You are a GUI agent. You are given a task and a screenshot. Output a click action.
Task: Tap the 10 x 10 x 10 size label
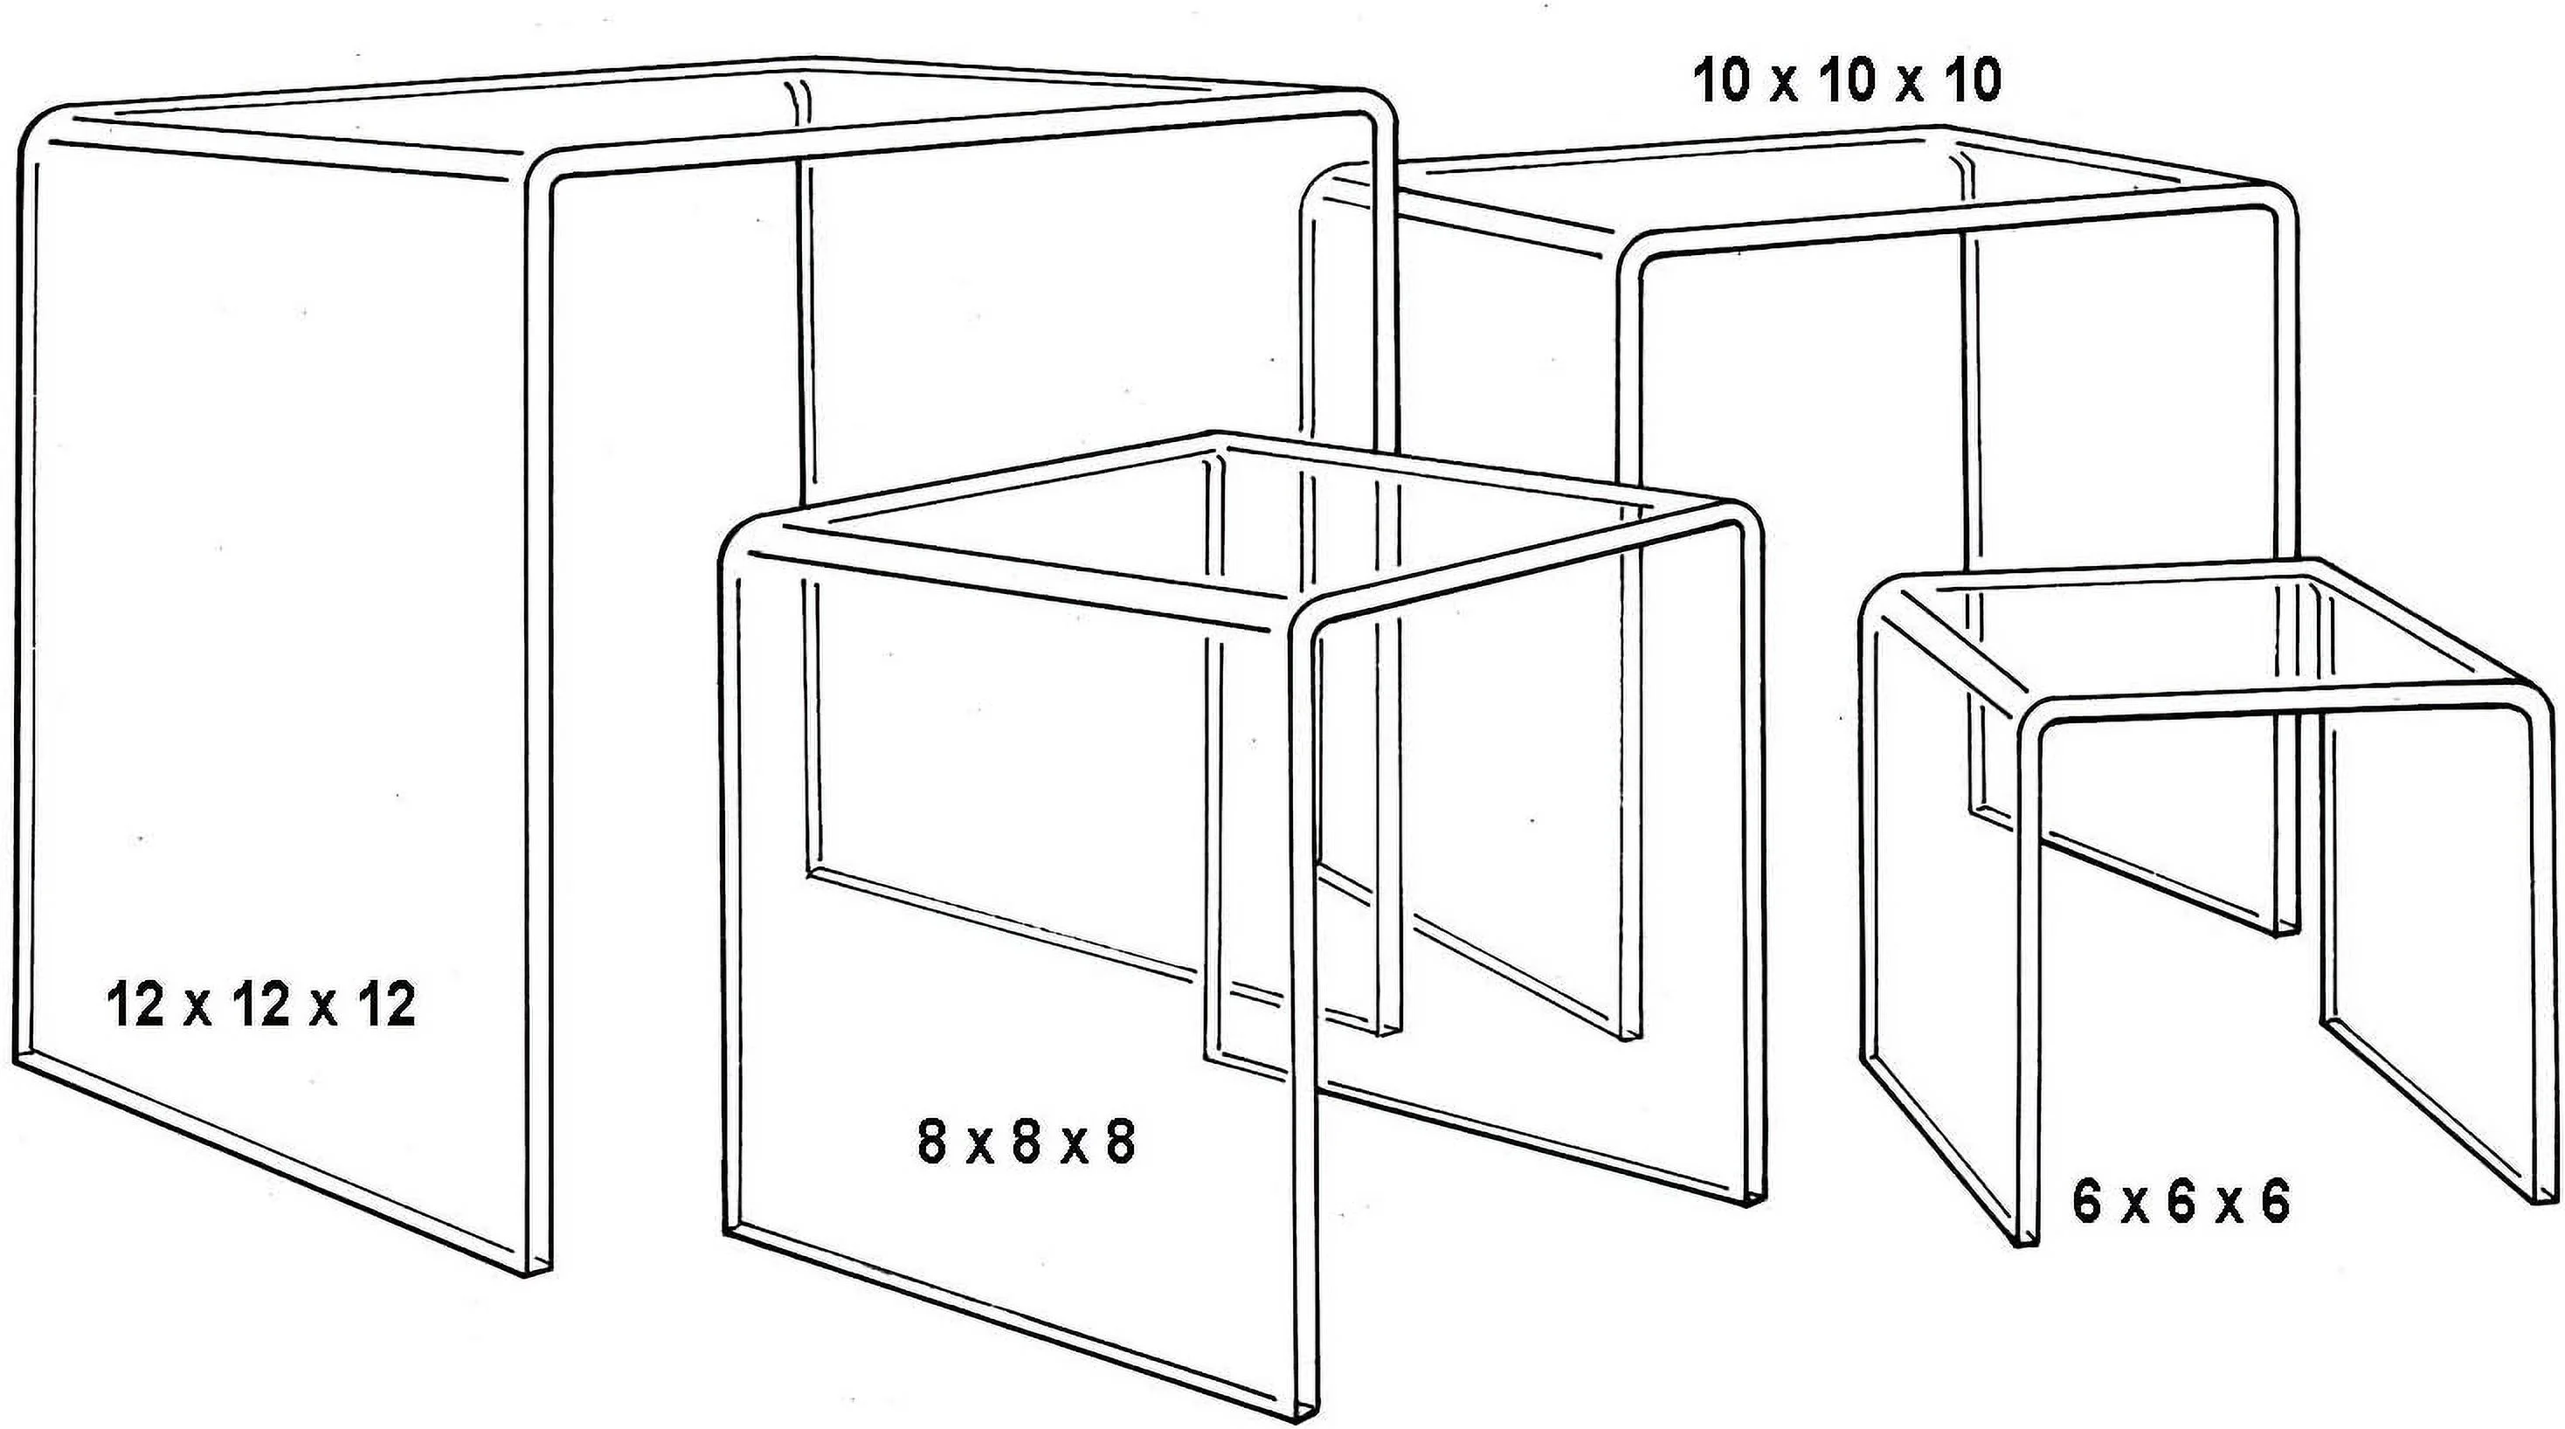pos(1846,81)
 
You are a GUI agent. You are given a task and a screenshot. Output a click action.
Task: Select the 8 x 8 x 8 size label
pos(1026,1143)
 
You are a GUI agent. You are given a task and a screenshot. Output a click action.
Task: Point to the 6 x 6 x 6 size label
pos(2181,1203)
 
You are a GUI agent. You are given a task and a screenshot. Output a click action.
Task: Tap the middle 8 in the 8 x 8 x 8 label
pos(1026,1143)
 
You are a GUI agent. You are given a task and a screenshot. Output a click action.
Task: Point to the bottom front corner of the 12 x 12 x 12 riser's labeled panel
pos(537,1273)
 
